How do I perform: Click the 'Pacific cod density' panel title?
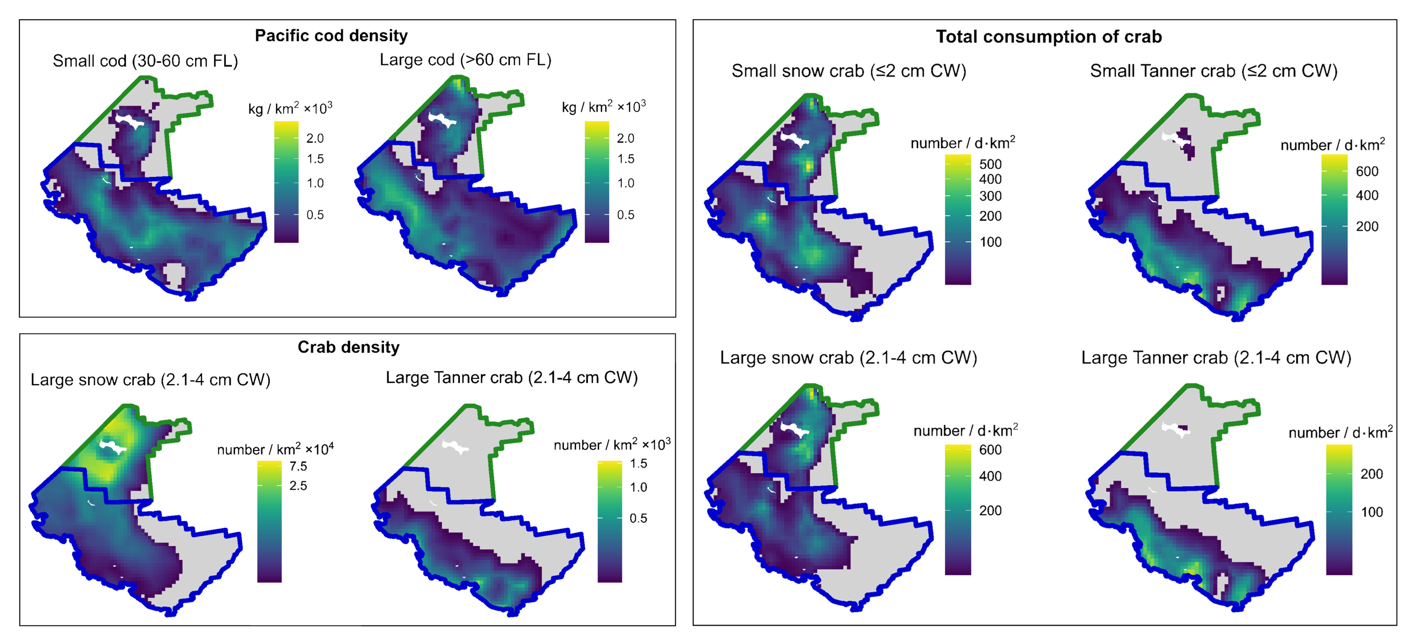click(x=331, y=36)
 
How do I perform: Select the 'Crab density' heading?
click(x=348, y=347)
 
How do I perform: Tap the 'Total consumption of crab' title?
click(x=1048, y=37)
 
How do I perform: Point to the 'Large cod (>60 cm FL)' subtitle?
click(x=465, y=60)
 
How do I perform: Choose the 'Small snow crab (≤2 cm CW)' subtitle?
click(x=849, y=72)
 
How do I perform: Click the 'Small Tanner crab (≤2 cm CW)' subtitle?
click(x=1213, y=72)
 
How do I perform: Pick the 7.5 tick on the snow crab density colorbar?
click(x=298, y=466)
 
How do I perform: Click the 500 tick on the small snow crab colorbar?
click(x=990, y=164)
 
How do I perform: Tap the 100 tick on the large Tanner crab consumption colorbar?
click(x=1371, y=512)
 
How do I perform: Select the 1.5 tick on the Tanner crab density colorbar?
click(x=638, y=463)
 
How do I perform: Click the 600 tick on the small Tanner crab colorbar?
click(x=1367, y=171)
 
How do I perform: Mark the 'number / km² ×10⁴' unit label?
click(x=275, y=449)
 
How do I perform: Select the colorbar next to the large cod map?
click(x=597, y=182)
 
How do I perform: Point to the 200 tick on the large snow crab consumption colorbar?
click(x=990, y=511)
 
